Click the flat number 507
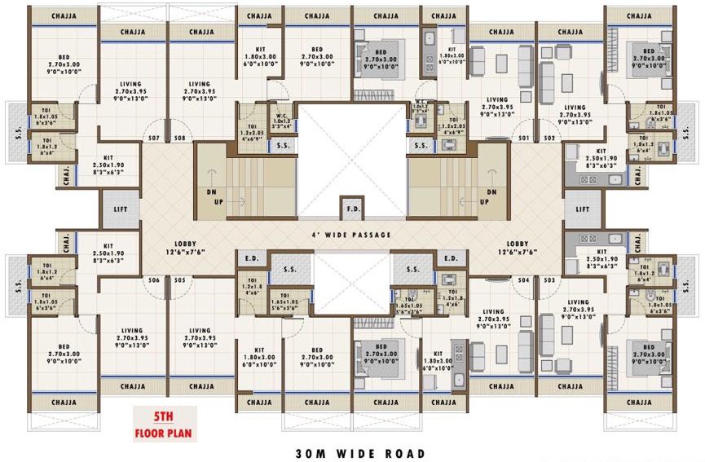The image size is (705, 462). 153,138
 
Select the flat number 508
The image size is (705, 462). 179,138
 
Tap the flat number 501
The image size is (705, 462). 523,138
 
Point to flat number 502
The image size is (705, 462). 549,138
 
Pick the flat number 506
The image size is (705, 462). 153,279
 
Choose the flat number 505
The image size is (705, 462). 179,279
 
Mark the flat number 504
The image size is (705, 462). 523,279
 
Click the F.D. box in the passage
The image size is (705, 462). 351,209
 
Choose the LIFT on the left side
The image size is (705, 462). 120,209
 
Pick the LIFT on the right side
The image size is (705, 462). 582,209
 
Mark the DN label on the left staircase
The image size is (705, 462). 210,192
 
